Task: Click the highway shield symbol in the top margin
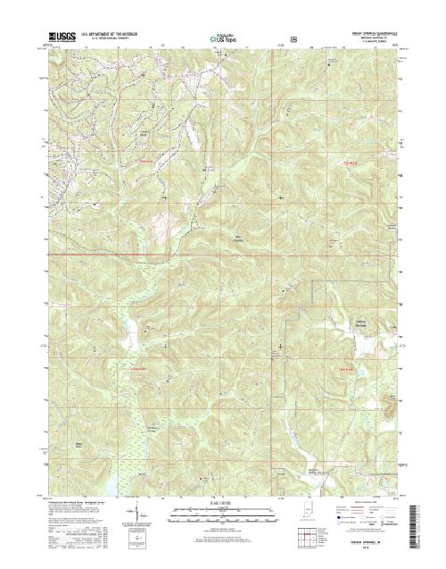[293, 39]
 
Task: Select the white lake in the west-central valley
[127, 329]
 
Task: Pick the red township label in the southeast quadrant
[349, 368]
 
